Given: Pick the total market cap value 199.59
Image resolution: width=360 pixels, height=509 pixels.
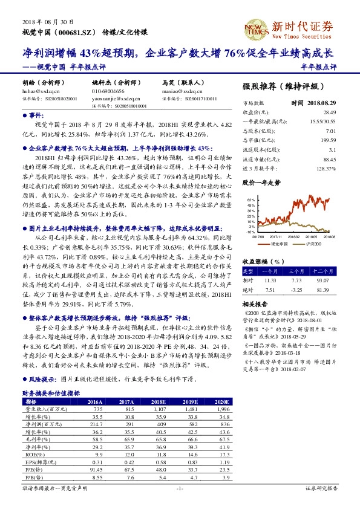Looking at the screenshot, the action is (x=328, y=140).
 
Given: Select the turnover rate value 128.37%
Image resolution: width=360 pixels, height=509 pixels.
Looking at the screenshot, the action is (x=326, y=169).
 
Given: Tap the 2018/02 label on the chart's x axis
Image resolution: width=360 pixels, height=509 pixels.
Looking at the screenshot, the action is (x=291, y=237).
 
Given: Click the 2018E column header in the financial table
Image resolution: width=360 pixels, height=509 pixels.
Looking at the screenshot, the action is (x=158, y=401).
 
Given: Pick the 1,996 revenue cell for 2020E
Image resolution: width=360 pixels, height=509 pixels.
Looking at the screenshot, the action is (x=223, y=409).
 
